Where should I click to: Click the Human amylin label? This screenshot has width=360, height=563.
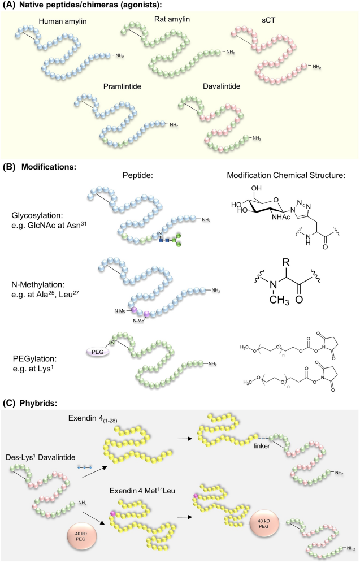[63, 21]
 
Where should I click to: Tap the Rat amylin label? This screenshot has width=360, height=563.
[172, 19]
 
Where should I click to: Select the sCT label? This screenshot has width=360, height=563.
[268, 20]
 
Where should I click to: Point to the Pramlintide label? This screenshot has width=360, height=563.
[122, 86]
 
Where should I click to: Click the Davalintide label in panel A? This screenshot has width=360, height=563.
[222, 86]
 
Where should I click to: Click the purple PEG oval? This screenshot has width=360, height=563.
[97, 352]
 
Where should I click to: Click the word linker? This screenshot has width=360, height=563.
[262, 447]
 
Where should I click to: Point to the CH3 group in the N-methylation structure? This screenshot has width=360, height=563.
[279, 299]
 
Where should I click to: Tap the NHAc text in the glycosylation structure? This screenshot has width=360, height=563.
[281, 217]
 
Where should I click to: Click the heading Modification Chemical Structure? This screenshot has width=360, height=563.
[286, 175]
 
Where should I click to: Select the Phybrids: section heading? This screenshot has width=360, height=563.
[38, 403]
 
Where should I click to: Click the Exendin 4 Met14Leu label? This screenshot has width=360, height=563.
[142, 491]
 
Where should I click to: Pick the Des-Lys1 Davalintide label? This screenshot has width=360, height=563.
[41, 457]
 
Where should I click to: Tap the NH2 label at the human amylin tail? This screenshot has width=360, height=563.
[119, 55]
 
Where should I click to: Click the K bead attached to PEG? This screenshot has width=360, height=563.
[112, 342]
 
